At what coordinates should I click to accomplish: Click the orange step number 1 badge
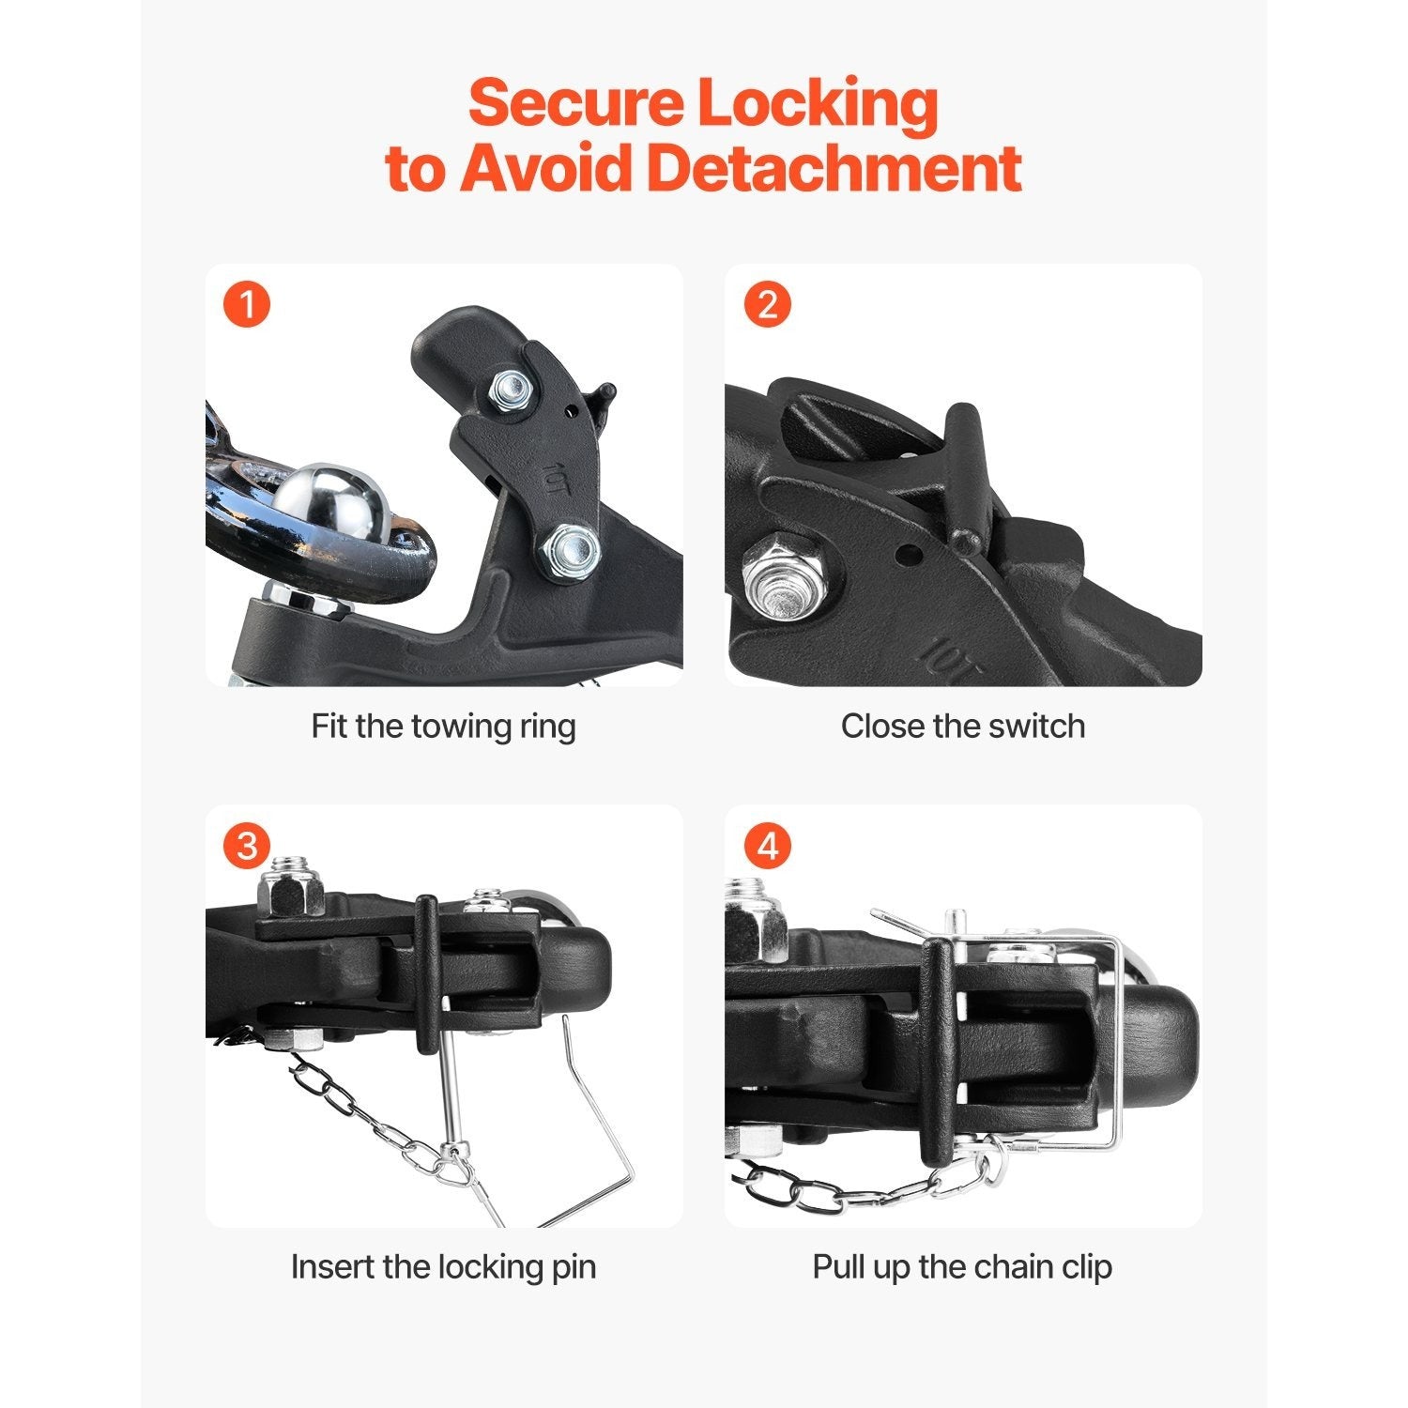point(247,305)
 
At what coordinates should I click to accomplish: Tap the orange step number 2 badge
point(767,305)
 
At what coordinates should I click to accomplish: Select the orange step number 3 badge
point(247,846)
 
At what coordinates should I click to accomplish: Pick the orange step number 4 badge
point(767,846)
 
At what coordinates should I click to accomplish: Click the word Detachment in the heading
point(834,168)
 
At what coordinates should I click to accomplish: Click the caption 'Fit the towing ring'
point(443,726)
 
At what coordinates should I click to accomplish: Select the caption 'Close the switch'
point(962,726)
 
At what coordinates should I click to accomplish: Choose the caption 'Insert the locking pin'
point(443,1266)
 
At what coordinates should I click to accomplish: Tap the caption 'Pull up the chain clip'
point(962,1266)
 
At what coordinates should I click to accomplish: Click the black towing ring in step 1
point(310,507)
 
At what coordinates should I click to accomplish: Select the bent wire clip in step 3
point(601,1126)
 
